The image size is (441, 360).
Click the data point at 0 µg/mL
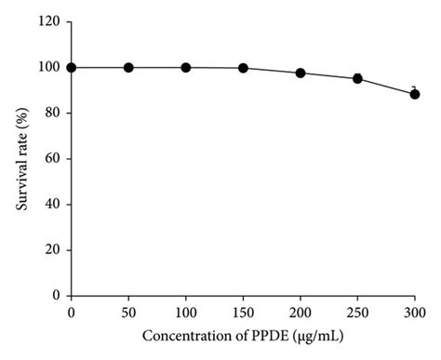pyautogui.click(x=72, y=67)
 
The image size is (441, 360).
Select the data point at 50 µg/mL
pyautogui.click(x=128, y=67)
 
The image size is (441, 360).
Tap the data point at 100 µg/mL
pyautogui.click(x=186, y=67)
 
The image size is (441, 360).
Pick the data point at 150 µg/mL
pyautogui.click(x=243, y=68)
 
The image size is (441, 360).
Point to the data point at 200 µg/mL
pyautogui.click(x=301, y=73)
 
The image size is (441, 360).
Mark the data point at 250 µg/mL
pyautogui.click(x=357, y=79)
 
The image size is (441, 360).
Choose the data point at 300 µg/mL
pyautogui.click(x=414, y=94)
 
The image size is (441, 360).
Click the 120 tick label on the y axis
pyautogui.click(x=49, y=21)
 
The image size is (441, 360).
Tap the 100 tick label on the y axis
pyautogui.click(x=49, y=67)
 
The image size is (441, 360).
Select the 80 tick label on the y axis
pyautogui.click(x=53, y=113)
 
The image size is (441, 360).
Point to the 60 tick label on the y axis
pyautogui.click(x=53, y=158)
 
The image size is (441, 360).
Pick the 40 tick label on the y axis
pyautogui.click(x=53, y=204)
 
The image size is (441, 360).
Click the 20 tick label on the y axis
pyautogui.click(x=53, y=249)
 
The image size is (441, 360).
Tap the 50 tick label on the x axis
pyautogui.click(x=128, y=311)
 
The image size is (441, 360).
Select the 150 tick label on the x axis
pyautogui.click(x=243, y=311)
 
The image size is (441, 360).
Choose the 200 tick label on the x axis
pyautogui.click(x=301, y=311)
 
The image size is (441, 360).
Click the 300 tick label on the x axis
pyautogui.click(x=414, y=311)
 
